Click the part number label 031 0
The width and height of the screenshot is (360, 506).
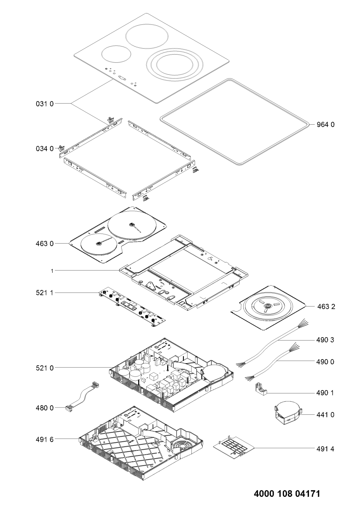pyautogui.click(x=45, y=104)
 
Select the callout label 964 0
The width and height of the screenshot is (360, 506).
pyautogui.click(x=325, y=125)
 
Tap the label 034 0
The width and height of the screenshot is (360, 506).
pyautogui.click(x=45, y=148)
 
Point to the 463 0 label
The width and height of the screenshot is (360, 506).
pyautogui.click(x=45, y=244)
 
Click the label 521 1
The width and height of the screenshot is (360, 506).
pyautogui.click(x=45, y=293)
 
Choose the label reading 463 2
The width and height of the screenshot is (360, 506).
pyautogui.click(x=326, y=306)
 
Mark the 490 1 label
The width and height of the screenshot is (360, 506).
pyautogui.click(x=325, y=393)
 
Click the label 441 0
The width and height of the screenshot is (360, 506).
pyautogui.click(x=325, y=415)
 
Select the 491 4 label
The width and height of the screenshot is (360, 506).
pyautogui.click(x=325, y=449)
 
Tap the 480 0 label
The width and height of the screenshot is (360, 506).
pyautogui.click(x=45, y=408)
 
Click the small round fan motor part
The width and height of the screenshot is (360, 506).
pyautogui.click(x=288, y=414)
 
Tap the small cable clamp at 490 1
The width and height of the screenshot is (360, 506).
pyautogui.click(x=261, y=390)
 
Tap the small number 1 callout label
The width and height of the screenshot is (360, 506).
pyautogui.click(x=52, y=271)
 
